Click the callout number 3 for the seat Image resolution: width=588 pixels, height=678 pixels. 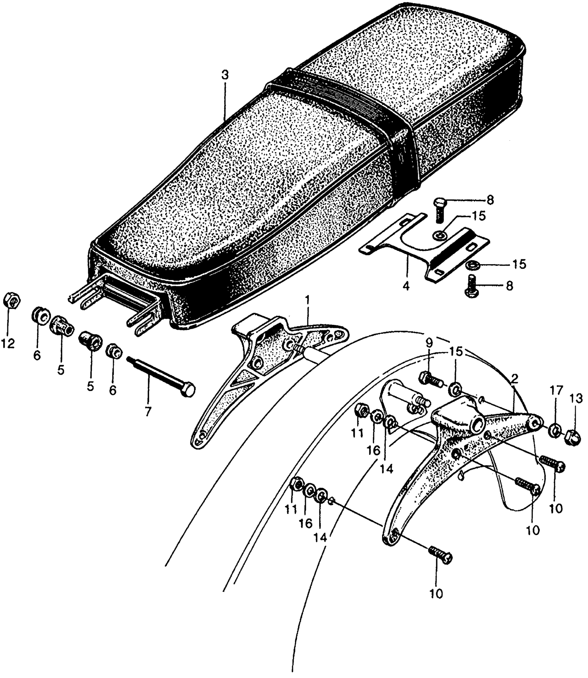[x=225, y=76]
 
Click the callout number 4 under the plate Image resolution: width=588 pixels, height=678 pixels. [x=406, y=287]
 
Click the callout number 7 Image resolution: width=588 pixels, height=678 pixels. [x=148, y=412]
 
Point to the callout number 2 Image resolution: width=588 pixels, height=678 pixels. [x=514, y=379]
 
